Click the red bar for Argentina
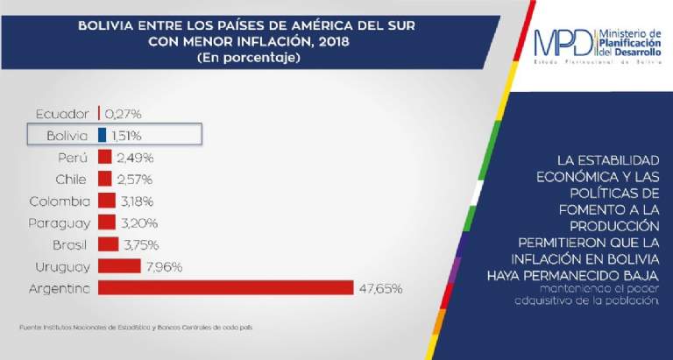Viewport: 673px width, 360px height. pos(225,288)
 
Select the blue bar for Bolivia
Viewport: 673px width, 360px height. pos(102,135)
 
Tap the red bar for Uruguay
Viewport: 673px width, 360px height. pos(119,265)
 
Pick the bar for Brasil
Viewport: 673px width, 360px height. pos(108,244)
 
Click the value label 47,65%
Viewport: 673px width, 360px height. pos(379,288)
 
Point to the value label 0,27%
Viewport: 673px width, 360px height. pos(123,114)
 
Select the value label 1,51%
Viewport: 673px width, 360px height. pos(126,135)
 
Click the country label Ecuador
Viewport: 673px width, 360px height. pos(62,114)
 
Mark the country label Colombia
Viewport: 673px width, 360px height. pos(59,201)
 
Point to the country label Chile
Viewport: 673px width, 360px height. pos(71,179)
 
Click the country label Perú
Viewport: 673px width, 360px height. pos(73,158)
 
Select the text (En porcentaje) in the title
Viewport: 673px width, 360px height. pos(246,58)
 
